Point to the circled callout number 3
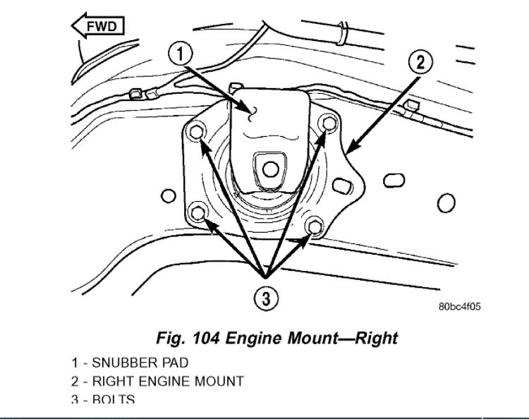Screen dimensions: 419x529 pos(265,299)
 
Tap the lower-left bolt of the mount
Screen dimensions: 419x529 pos(200,212)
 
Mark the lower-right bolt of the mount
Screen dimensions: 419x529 pos(315,227)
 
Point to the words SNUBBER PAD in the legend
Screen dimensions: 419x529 pos(140,363)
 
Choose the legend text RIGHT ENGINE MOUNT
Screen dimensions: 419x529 pos(168,382)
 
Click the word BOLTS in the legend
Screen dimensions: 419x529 pos(114,400)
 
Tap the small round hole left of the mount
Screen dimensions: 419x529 pos(167,195)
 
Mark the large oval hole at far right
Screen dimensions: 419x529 pos(446,205)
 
